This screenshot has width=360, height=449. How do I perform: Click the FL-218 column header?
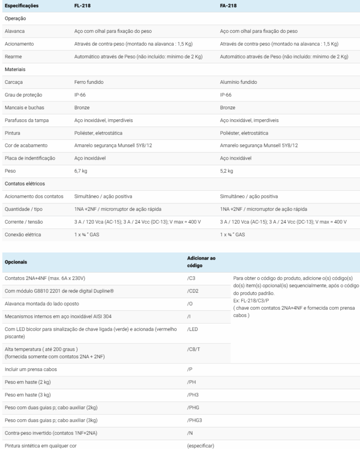tap(83, 6)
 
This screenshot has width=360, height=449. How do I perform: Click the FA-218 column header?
tap(228, 6)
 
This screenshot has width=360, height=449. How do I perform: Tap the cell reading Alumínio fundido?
tap(238, 82)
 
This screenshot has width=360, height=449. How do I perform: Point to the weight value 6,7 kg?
tap(81, 171)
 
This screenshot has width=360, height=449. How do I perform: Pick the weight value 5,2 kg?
tap(226, 171)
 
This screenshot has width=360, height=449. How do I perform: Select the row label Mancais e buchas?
tap(24, 107)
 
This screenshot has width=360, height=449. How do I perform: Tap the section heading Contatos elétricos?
tap(25, 183)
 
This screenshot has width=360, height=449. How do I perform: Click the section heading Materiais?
tap(15, 69)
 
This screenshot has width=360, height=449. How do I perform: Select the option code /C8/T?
tap(194, 349)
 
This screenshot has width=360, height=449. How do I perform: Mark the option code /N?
tap(190, 433)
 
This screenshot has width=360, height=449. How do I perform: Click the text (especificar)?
tap(200, 445)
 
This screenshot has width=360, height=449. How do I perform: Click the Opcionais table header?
tap(16, 262)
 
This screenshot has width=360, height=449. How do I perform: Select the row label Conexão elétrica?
tap(23, 235)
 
